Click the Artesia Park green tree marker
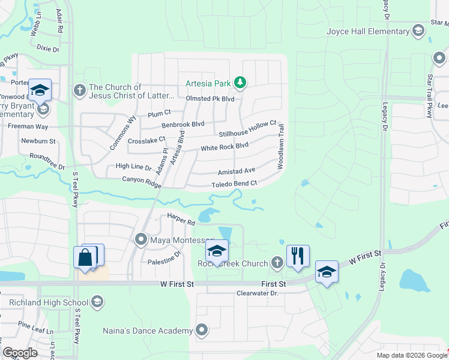pyautogui.click(x=240, y=82)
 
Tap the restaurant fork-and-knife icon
pyautogui.click(x=297, y=255)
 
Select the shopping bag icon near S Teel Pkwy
pyautogui.click(x=85, y=257)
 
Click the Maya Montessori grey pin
pyautogui.click(x=141, y=240)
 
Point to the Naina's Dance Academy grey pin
pyautogui.click(x=202, y=329)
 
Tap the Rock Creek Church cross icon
pyautogui.click(x=277, y=262)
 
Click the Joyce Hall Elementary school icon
pyautogui.click(x=418, y=31)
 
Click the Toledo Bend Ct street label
pyautogui.click(x=234, y=184)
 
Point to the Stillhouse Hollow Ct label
pyautogui.click(x=247, y=128)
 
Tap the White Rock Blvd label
pyautogui.click(x=224, y=146)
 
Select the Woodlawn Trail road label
pyautogui.click(x=280, y=146)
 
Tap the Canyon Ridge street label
pyautogui.click(x=142, y=181)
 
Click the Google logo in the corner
pyautogui.click(x=20, y=353)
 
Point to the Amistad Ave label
pyautogui.click(x=237, y=170)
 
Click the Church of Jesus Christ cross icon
pyautogui.click(x=79, y=91)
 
